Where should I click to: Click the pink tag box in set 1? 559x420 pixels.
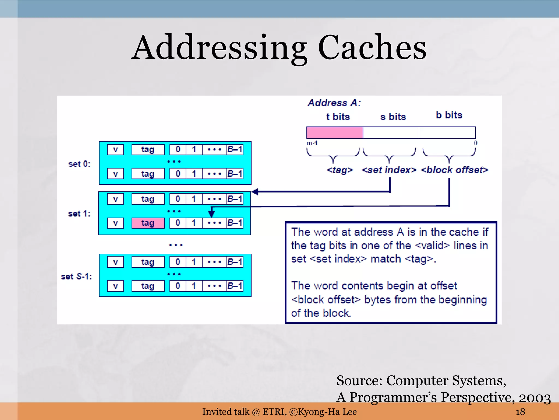click(x=148, y=223)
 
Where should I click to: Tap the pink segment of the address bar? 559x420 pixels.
click(x=335, y=133)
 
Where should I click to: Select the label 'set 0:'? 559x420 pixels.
click(x=79, y=164)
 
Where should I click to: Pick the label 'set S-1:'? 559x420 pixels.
click(x=76, y=276)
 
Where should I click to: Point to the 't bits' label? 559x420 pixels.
click(x=338, y=117)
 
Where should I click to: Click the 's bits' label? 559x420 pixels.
click(x=393, y=117)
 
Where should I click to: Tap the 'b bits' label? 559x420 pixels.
click(x=449, y=115)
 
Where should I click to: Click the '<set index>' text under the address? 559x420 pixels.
click(x=389, y=170)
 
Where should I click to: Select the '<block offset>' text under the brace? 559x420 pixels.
click(x=454, y=170)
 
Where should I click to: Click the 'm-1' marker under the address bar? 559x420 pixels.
click(x=312, y=143)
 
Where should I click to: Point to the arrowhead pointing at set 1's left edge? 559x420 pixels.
click(x=255, y=192)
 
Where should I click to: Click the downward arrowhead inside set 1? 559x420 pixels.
click(x=211, y=214)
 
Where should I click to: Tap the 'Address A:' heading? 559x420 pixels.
click(x=334, y=103)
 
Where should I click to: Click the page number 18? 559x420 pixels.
click(x=520, y=412)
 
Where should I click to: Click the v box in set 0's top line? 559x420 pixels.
click(x=115, y=150)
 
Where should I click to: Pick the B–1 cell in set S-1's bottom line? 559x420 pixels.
click(x=235, y=286)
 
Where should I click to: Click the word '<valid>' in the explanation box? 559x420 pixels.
click(x=432, y=245)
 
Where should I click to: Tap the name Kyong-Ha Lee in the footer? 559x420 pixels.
click(x=327, y=412)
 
